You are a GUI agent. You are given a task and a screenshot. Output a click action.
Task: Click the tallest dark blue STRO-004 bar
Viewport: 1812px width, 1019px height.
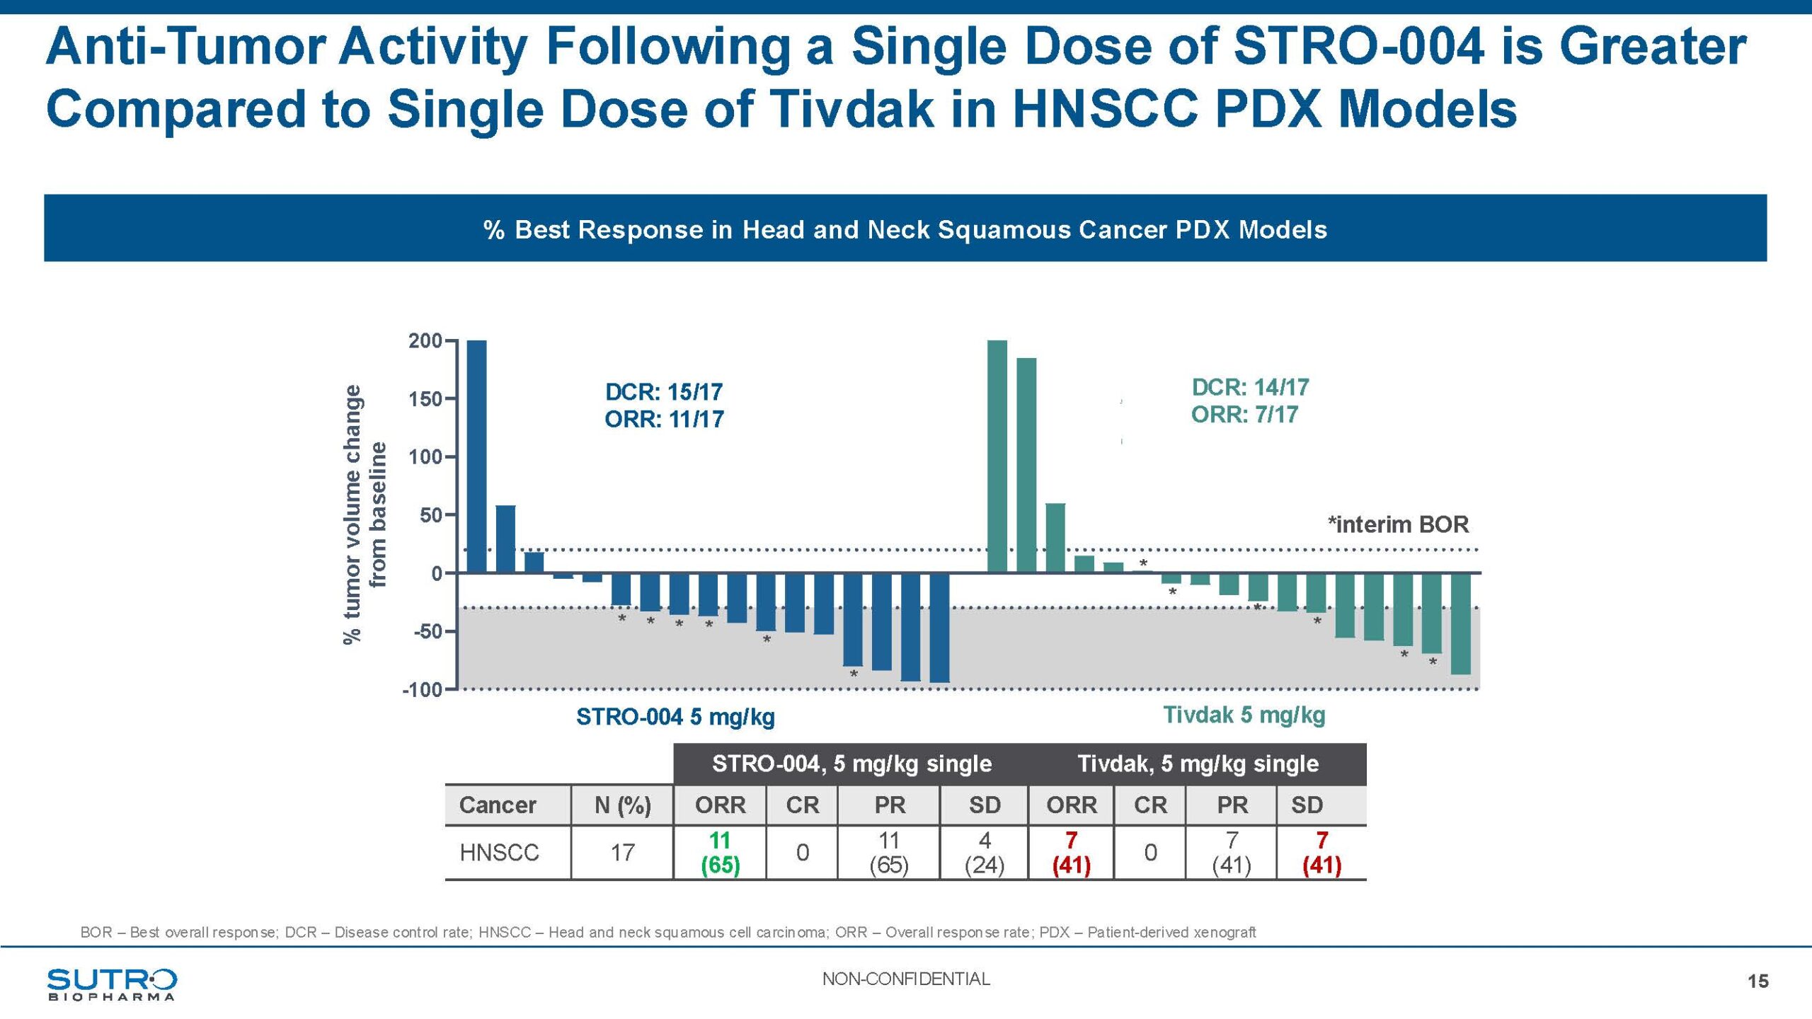(x=477, y=456)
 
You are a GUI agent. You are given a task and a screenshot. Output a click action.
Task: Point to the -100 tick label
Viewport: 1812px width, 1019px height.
(x=422, y=690)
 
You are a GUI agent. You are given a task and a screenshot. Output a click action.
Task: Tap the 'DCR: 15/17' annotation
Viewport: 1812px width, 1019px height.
(x=663, y=392)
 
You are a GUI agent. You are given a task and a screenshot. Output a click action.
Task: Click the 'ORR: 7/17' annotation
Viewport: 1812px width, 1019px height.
(x=1244, y=415)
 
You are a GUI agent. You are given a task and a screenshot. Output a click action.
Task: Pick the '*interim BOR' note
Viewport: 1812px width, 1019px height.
(x=1398, y=525)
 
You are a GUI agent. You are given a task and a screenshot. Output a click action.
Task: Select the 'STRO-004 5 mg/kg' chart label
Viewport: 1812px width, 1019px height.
(x=675, y=717)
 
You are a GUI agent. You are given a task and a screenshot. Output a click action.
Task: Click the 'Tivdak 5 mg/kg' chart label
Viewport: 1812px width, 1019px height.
(x=1244, y=715)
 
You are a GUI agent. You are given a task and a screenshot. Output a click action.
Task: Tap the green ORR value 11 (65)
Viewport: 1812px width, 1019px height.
(x=720, y=853)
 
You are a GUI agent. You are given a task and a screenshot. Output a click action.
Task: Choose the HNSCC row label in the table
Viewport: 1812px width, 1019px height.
(x=499, y=853)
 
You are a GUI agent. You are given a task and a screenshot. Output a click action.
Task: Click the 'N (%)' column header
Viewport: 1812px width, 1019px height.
(x=622, y=805)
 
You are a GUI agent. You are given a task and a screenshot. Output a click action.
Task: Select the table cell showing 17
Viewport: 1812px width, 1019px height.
(x=622, y=853)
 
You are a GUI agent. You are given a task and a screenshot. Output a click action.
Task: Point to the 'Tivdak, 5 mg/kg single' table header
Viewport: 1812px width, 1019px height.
(x=1198, y=764)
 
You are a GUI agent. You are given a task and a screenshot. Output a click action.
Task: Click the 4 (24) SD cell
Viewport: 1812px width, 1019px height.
(x=984, y=853)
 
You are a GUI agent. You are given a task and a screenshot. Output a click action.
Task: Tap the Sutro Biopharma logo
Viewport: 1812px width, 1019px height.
(x=112, y=984)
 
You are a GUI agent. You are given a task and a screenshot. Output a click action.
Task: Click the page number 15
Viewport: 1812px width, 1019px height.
(x=1757, y=981)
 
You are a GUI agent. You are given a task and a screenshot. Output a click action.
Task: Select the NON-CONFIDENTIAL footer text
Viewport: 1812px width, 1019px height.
(x=906, y=979)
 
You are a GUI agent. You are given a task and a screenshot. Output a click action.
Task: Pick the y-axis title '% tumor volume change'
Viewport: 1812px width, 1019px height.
(x=352, y=514)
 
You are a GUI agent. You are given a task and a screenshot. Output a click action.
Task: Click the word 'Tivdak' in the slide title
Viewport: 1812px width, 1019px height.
(x=851, y=110)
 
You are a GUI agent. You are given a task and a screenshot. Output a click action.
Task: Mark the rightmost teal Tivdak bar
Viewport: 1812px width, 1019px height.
(x=1460, y=623)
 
